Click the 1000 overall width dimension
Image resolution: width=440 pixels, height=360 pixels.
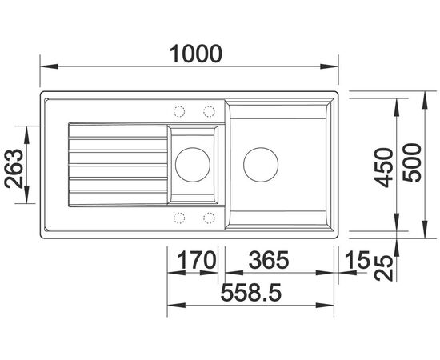point(196,54)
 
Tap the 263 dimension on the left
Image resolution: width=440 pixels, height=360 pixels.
point(14,168)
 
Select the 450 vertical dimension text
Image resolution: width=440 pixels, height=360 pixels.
point(384,167)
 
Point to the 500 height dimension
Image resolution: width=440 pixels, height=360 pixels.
point(412,162)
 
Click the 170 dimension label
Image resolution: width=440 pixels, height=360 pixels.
point(198,260)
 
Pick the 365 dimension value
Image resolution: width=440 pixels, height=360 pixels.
point(269,260)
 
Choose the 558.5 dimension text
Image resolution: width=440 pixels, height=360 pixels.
point(250,292)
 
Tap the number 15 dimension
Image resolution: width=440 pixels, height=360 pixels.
point(358,260)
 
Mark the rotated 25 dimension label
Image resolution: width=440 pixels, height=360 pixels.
point(383,268)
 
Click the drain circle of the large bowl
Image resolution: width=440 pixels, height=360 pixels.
point(261,165)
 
